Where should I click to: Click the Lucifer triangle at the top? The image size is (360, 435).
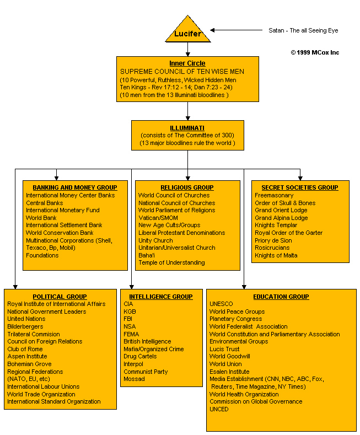tap(188, 30)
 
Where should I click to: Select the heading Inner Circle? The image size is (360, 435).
tap(187, 63)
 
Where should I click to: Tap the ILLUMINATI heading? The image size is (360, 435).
tap(187, 128)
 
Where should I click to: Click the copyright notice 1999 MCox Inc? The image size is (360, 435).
tap(315, 52)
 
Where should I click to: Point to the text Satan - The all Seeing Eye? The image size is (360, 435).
tap(303, 30)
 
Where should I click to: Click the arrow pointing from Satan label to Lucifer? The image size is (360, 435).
tap(236, 30)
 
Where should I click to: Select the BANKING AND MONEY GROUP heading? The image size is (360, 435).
tap(75, 187)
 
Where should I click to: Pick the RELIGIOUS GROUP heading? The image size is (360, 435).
tap(187, 187)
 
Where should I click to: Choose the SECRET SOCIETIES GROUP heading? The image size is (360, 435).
tap(300, 187)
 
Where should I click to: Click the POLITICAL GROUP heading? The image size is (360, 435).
tap(60, 297)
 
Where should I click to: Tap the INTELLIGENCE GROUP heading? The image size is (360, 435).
tap(161, 297)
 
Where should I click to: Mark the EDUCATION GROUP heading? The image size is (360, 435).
tap(281, 297)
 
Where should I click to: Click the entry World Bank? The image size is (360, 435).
tap(41, 218)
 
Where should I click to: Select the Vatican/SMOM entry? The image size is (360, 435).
tap(158, 218)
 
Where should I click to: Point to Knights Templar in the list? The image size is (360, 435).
tap(276, 225)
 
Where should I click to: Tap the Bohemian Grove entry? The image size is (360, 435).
tap(29, 364)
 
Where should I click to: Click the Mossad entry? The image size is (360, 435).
tap(134, 379)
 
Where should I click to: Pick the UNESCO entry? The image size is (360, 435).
tap(221, 304)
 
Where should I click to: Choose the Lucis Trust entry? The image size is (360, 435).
tap(224, 349)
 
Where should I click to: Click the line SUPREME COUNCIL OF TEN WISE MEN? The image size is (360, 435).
tap(182, 72)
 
